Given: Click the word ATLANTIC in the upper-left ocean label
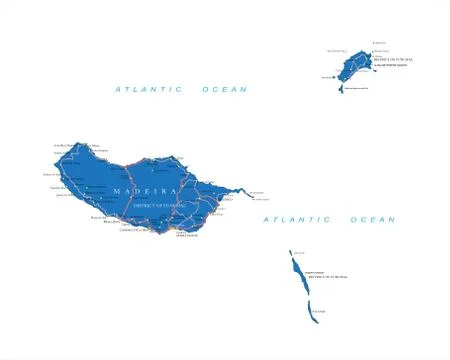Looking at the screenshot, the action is coord(149,89).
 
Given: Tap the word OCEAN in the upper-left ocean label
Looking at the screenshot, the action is coord(225,89).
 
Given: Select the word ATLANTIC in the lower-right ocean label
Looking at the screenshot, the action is coord(297,219).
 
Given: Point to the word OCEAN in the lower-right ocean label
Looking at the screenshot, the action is coord(373,219).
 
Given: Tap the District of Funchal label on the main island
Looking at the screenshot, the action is coord(153,205).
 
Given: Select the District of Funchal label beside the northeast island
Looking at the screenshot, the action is coord(392,60).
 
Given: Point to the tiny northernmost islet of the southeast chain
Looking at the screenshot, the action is coord(291,252).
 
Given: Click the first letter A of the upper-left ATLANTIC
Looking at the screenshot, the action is coord(118,89).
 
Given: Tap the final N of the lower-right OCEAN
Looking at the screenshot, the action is coord(393,219).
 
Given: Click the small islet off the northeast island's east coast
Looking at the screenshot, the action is coord(370,57).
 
